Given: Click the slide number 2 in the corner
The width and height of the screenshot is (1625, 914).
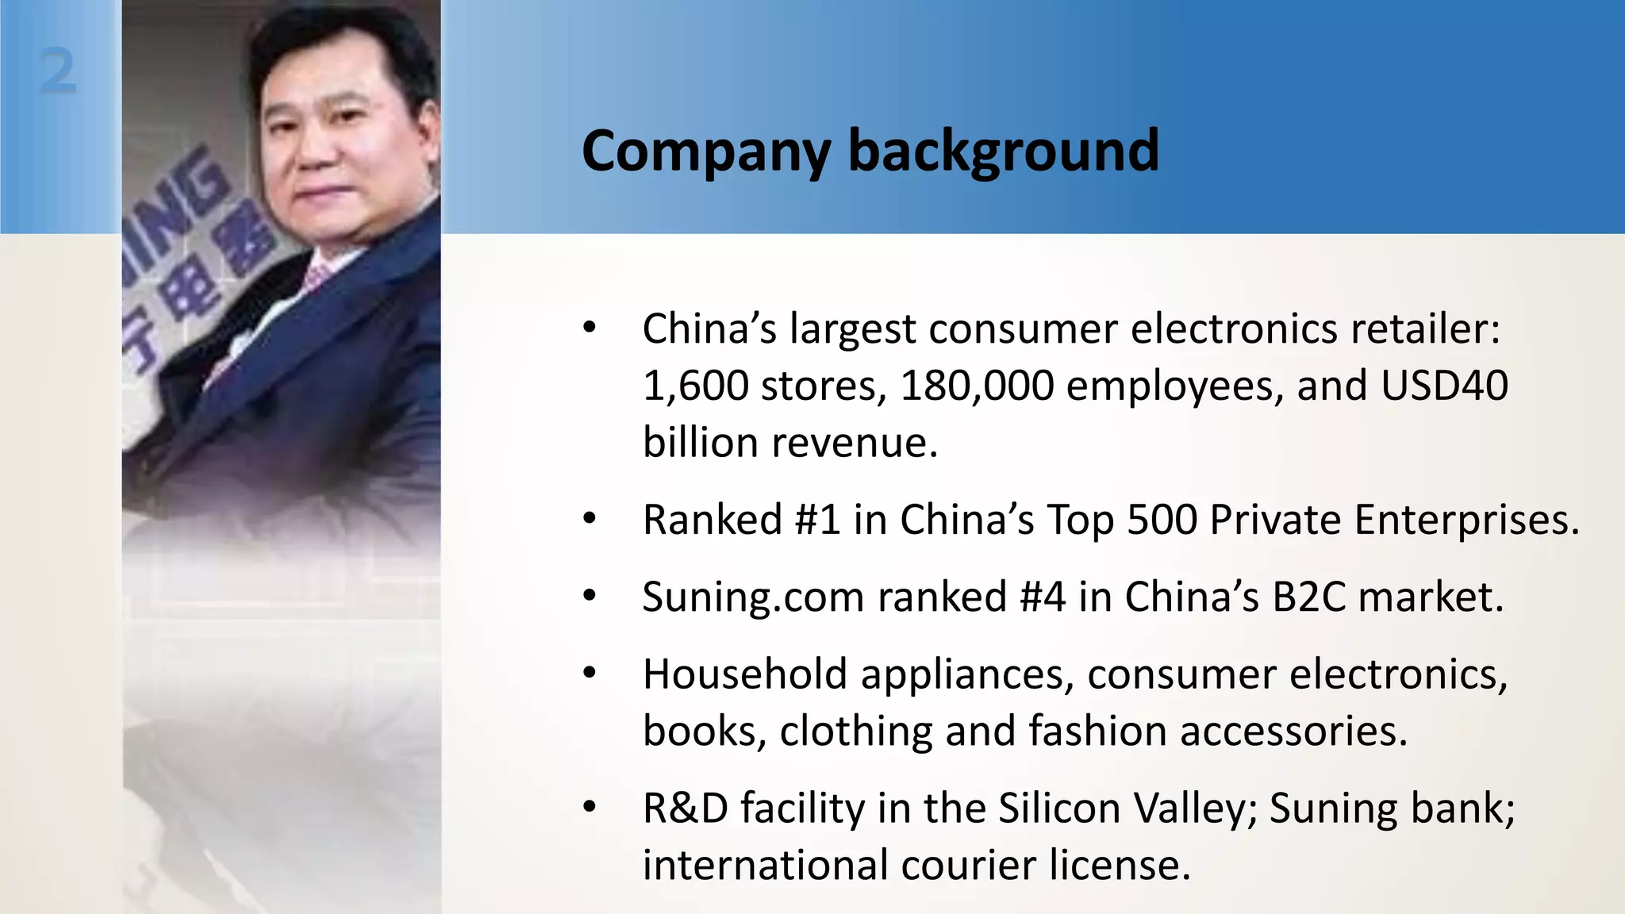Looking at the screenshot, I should coord(58,71).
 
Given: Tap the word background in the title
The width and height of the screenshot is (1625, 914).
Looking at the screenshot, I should coord(1004,151).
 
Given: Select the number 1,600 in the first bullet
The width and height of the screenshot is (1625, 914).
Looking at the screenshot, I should coord(695,386).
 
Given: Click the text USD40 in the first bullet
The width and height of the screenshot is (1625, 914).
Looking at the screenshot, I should coord(1444,386).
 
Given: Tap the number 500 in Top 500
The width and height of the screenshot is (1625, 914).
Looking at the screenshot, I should coord(1162,520).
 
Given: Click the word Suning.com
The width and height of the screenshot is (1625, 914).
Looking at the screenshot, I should coord(753,597).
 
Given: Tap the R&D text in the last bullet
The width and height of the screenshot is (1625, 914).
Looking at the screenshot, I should coord(685,808).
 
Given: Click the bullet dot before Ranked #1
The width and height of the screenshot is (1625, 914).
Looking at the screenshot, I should coord(589,520).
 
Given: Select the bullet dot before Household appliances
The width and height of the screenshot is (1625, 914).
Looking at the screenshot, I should coord(589,674).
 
